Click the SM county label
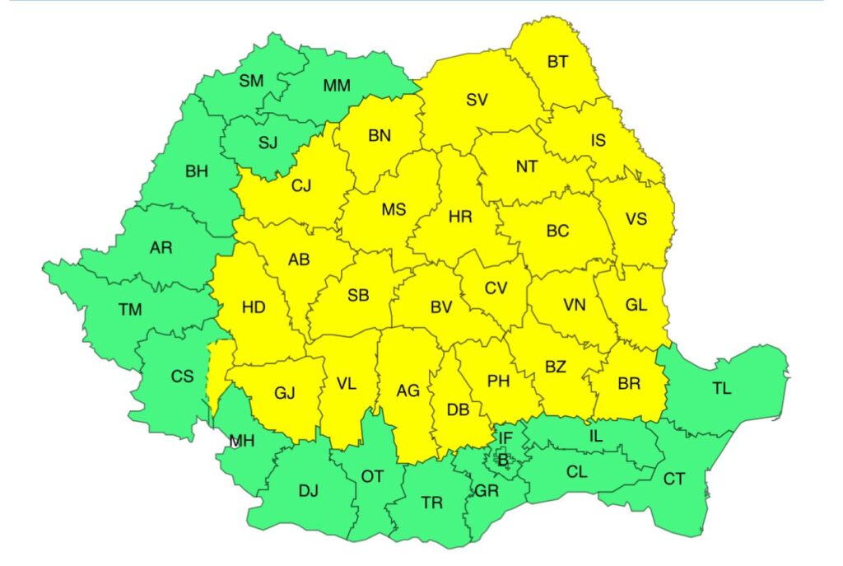pos(251,81)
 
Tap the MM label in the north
pos(336,86)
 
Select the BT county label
pos(557,61)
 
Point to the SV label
pos(477,100)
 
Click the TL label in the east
pos(720,389)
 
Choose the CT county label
pos(673,479)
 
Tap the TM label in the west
pos(129,310)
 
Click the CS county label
pos(182,377)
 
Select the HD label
pos(254,307)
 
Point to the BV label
pos(441,307)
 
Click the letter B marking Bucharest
pos(502,461)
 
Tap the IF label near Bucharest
pos(505,437)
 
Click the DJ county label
pos(308,491)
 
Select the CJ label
pos(301,186)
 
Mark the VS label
pos(636,219)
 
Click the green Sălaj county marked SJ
pos(268,143)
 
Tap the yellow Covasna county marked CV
pos(496,288)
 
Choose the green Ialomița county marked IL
pos(595,437)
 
